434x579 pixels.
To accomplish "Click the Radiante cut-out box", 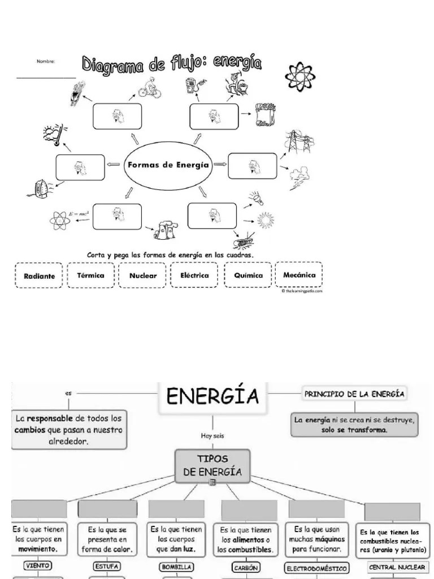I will coord(40,276).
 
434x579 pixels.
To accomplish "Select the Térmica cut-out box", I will coord(90,276).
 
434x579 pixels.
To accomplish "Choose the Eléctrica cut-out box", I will coord(194,276).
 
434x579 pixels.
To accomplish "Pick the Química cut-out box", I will coord(248,276).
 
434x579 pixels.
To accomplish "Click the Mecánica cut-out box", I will coord(299,275).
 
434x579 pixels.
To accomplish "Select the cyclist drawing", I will coord(148,89).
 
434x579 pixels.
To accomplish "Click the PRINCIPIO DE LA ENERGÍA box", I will coord(354,394).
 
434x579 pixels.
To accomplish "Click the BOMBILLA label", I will coord(177,566).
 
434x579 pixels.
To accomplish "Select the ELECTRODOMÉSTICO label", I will coord(316,568).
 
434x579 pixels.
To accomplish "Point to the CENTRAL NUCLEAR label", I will coord(397,567).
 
